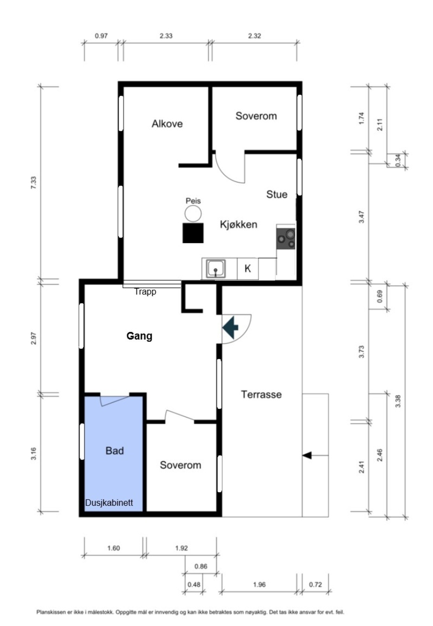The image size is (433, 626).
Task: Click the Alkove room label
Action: tap(167, 124)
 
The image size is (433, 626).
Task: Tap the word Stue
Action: tap(277, 194)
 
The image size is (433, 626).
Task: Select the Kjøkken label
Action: tap(239, 224)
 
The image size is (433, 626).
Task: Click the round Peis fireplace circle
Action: tap(193, 213)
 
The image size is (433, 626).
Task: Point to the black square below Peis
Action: tap(193, 233)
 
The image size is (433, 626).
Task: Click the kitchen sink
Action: tap(216, 269)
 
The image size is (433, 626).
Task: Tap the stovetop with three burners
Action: tap(286, 238)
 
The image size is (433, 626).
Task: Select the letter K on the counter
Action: tap(248, 268)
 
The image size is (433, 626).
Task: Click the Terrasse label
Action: tap(261, 394)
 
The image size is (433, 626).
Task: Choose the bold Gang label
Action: tap(139, 336)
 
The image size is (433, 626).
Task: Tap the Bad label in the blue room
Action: tap(115, 451)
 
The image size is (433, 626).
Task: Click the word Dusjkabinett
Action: tap(109, 503)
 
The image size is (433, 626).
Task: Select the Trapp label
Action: tap(145, 292)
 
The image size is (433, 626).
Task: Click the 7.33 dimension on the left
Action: tap(33, 183)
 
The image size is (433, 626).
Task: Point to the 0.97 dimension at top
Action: tap(101, 36)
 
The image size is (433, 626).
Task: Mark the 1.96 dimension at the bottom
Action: tap(260, 585)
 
